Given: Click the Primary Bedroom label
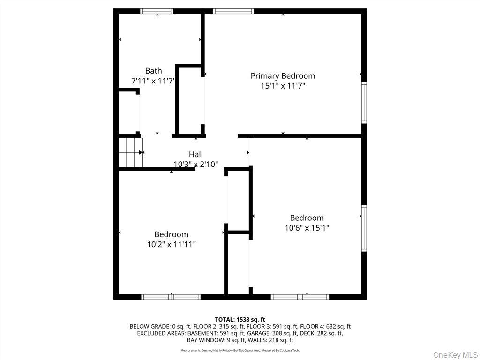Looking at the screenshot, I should (283, 75).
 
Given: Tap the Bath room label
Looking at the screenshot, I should (153, 71).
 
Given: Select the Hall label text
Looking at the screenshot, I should (196, 154).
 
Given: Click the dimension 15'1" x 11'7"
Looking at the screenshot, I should (283, 86).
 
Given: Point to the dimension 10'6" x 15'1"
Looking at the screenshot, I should (307, 228).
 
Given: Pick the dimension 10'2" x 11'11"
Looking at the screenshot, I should (171, 244).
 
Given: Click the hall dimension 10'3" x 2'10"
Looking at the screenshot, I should (196, 164).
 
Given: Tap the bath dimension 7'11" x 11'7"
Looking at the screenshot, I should (153, 81).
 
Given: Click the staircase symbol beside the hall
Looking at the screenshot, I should (131, 152).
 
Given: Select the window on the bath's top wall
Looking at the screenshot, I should (157, 11).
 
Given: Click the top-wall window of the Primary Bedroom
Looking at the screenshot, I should (233, 11).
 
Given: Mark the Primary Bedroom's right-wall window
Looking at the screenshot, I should (364, 103).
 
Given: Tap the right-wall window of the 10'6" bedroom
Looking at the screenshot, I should (364, 229).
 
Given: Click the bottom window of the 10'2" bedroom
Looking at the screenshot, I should (171, 297).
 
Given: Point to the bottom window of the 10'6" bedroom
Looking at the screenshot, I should (300, 297).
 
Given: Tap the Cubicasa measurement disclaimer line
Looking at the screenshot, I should (240, 350).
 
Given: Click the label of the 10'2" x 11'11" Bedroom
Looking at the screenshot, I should (171, 234).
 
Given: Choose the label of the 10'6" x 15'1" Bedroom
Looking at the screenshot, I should (307, 217).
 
